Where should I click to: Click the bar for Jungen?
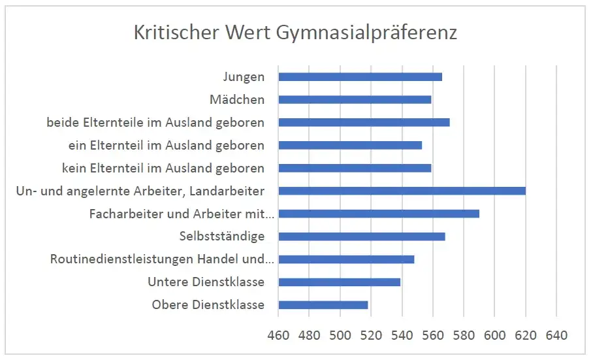coord(360,77)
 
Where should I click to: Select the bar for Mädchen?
coord(355,100)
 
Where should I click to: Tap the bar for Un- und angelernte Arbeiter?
coord(402,191)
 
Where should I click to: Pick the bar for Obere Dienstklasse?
coord(323,305)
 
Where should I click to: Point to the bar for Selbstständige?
coord(362,237)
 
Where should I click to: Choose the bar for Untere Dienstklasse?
coord(339,282)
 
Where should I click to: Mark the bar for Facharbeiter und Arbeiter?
coord(379,214)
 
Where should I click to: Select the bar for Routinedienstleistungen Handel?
coord(346,259)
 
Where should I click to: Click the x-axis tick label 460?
coord(278,336)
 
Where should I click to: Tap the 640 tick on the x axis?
coord(556,336)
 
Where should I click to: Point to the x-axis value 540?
coord(402,336)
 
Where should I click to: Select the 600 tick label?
coord(494,336)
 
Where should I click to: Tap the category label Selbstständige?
coord(221,237)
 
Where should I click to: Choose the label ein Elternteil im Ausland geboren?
coord(167,145)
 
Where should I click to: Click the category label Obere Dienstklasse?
coord(208,305)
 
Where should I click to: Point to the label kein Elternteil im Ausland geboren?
coord(163,168)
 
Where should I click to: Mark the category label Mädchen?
coord(237,100)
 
